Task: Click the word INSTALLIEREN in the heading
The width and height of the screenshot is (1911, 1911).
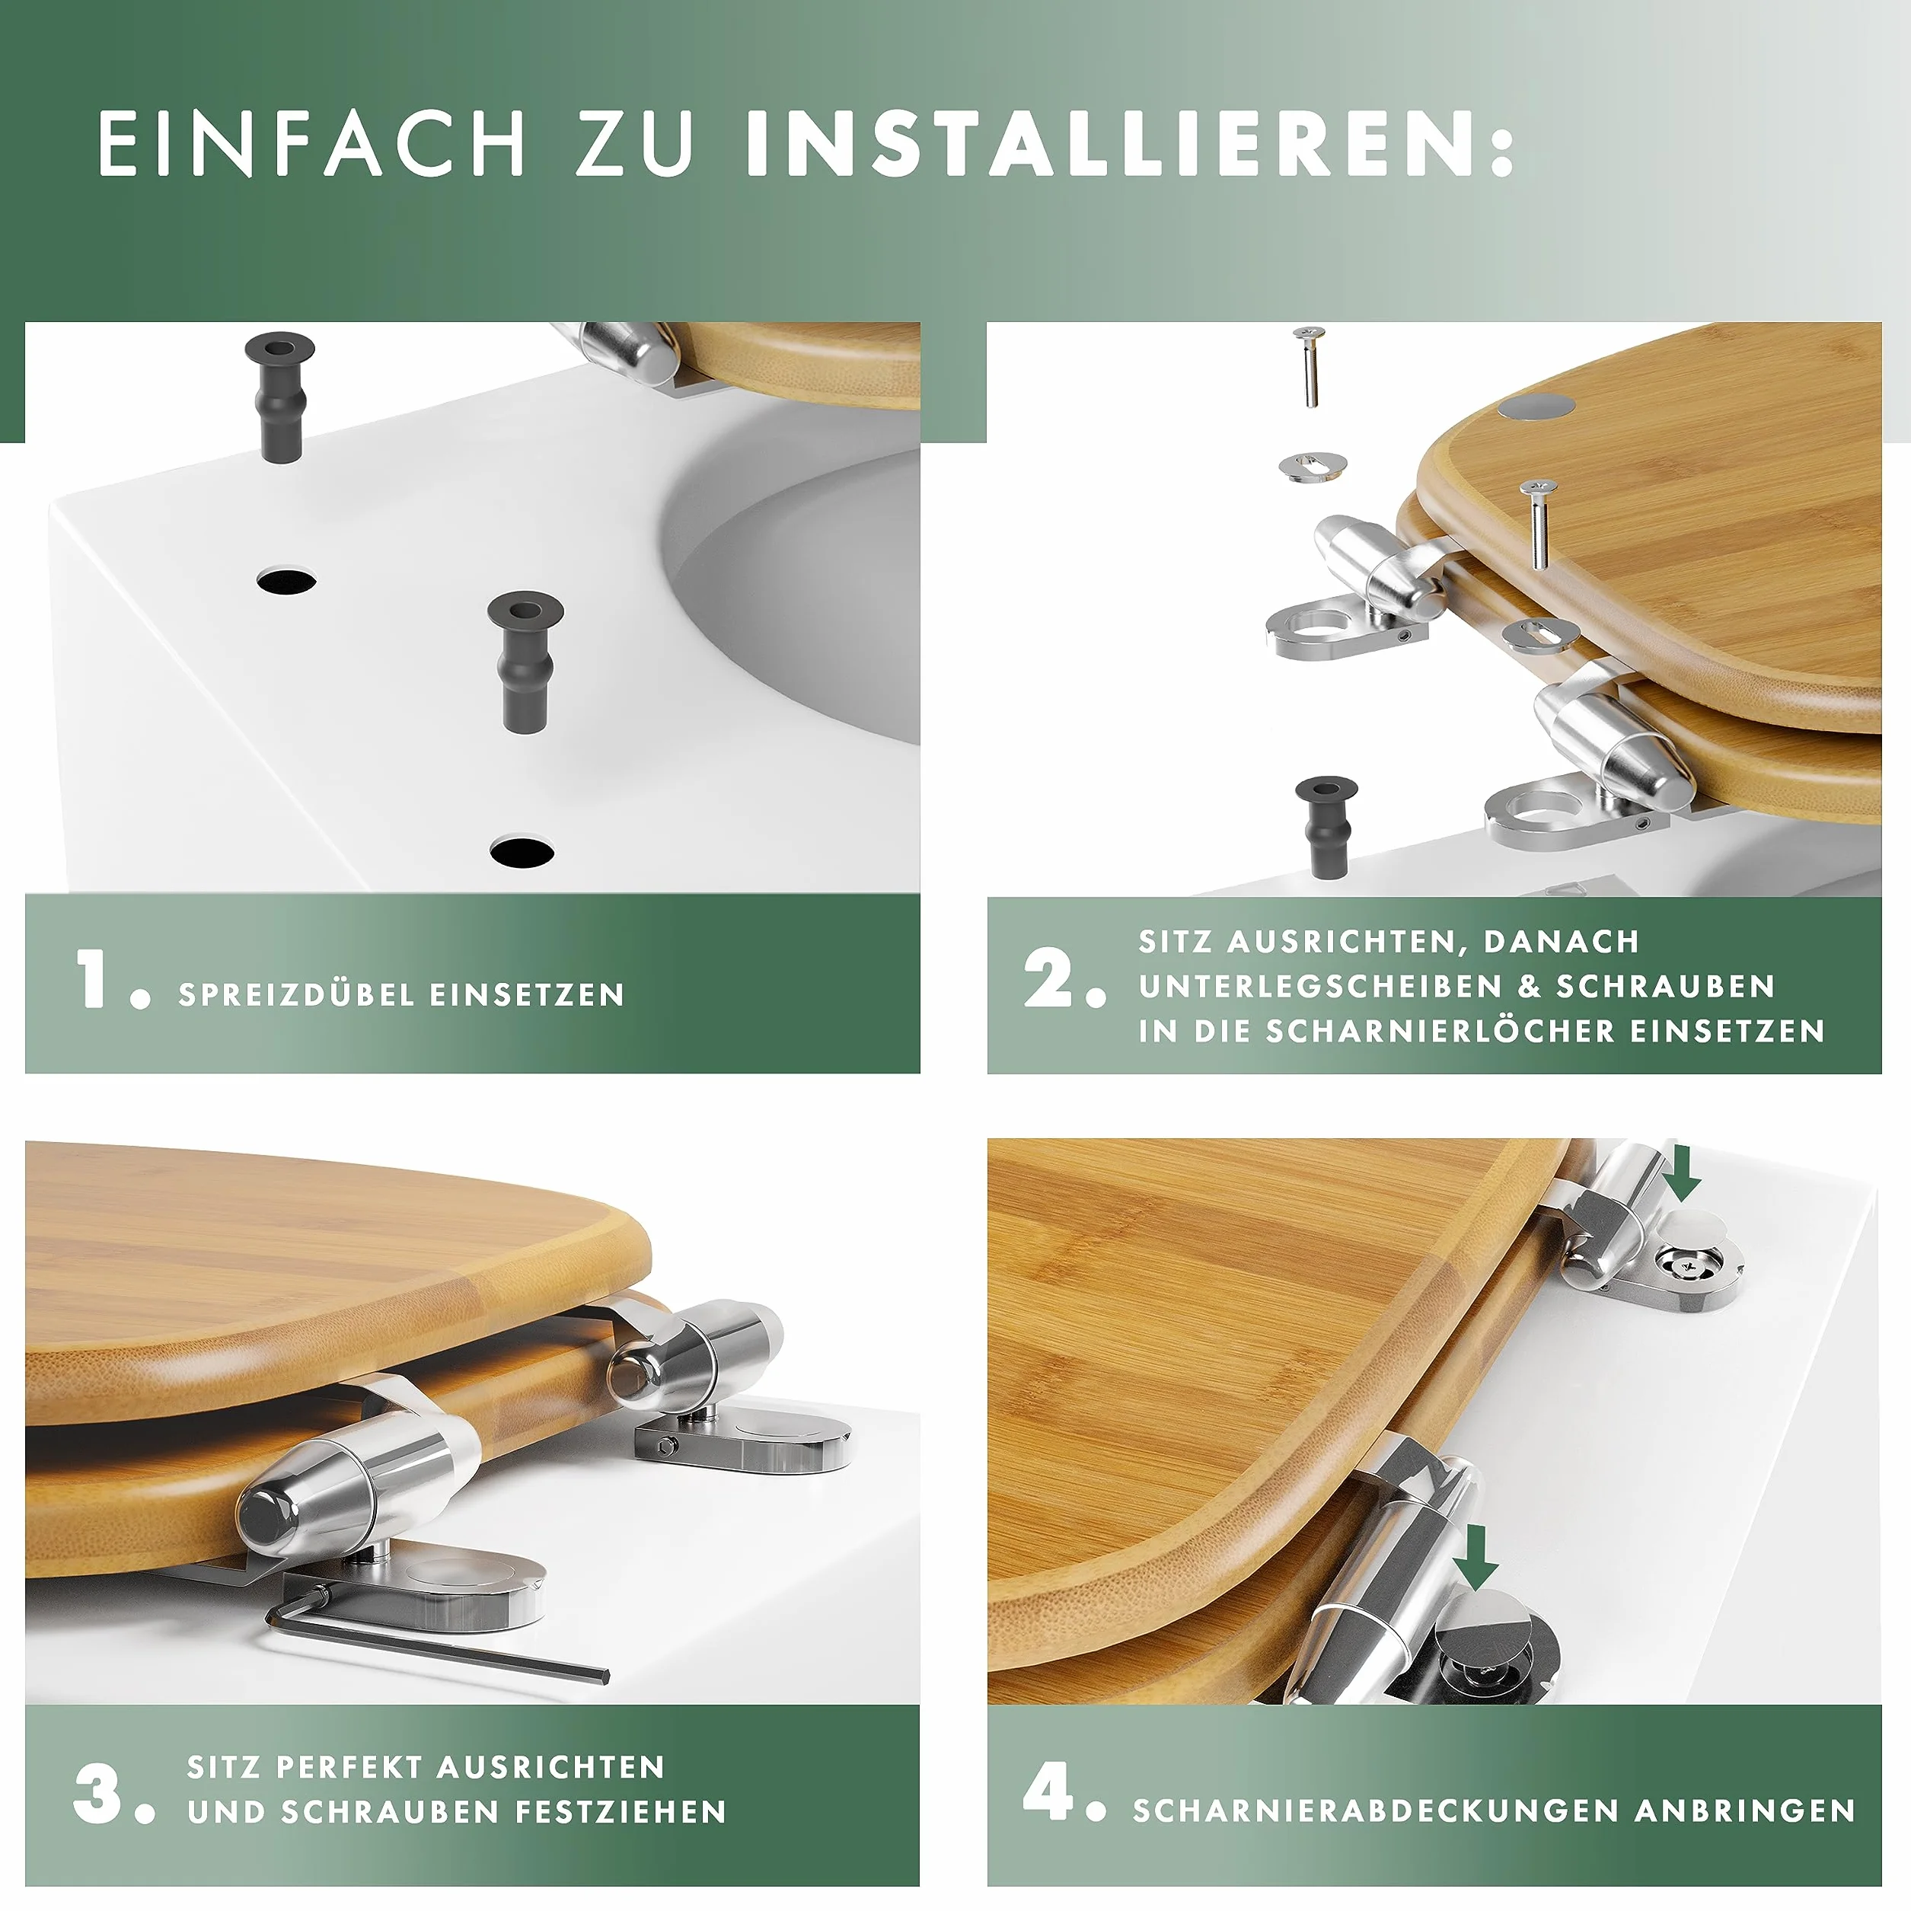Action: coord(1110,143)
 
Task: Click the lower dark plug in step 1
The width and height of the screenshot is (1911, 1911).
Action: coord(525,661)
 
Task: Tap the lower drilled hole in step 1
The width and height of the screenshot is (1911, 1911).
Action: coord(522,850)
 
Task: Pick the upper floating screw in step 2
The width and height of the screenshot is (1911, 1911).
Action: coord(1310,367)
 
